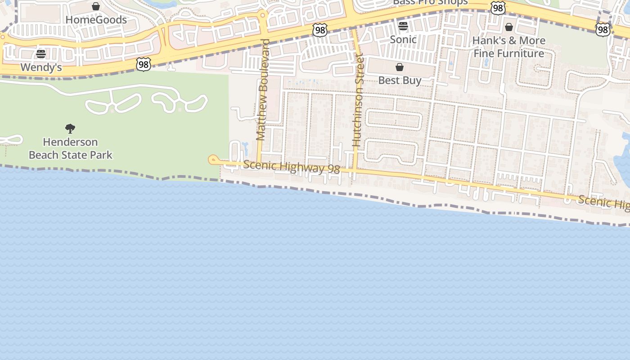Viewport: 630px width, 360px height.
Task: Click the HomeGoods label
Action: pyautogui.click(x=96, y=20)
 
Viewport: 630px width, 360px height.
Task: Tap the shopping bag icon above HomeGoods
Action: pyautogui.click(x=96, y=6)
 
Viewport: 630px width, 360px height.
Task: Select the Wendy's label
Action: pyautogui.click(x=41, y=67)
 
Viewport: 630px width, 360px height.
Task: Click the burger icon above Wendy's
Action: pyautogui.click(x=41, y=54)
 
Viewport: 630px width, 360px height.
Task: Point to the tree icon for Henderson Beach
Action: pyautogui.click(x=70, y=129)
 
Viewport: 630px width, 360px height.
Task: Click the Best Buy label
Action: pyautogui.click(x=400, y=81)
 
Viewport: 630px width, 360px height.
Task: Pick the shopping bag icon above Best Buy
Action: pyautogui.click(x=400, y=67)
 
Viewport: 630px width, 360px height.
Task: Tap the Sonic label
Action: pyautogui.click(x=403, y=40)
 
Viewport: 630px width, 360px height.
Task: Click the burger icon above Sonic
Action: pyautogui.click(x=403, y=26)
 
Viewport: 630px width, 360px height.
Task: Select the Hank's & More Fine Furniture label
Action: pyautogui.click(x=509, y=47)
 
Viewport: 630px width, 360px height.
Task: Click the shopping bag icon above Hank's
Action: pyautogui.click(x=509, y=27)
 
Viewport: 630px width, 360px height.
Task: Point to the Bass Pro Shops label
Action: pyautogui.click(x=430, y=2)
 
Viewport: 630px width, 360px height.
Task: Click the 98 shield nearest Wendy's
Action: pyautogui.click(x=143, y=64)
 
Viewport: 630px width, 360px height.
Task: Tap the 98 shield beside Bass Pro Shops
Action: pyautogui.click(x=498, y=8)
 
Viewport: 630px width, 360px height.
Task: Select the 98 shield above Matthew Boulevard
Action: pyautogui.click(x=319, y=30)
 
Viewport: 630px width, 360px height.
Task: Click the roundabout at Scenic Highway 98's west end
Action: pyautogui.click(x=213, y=159)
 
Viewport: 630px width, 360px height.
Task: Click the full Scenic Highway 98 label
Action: pyautogui.click(x=291, y=167)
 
